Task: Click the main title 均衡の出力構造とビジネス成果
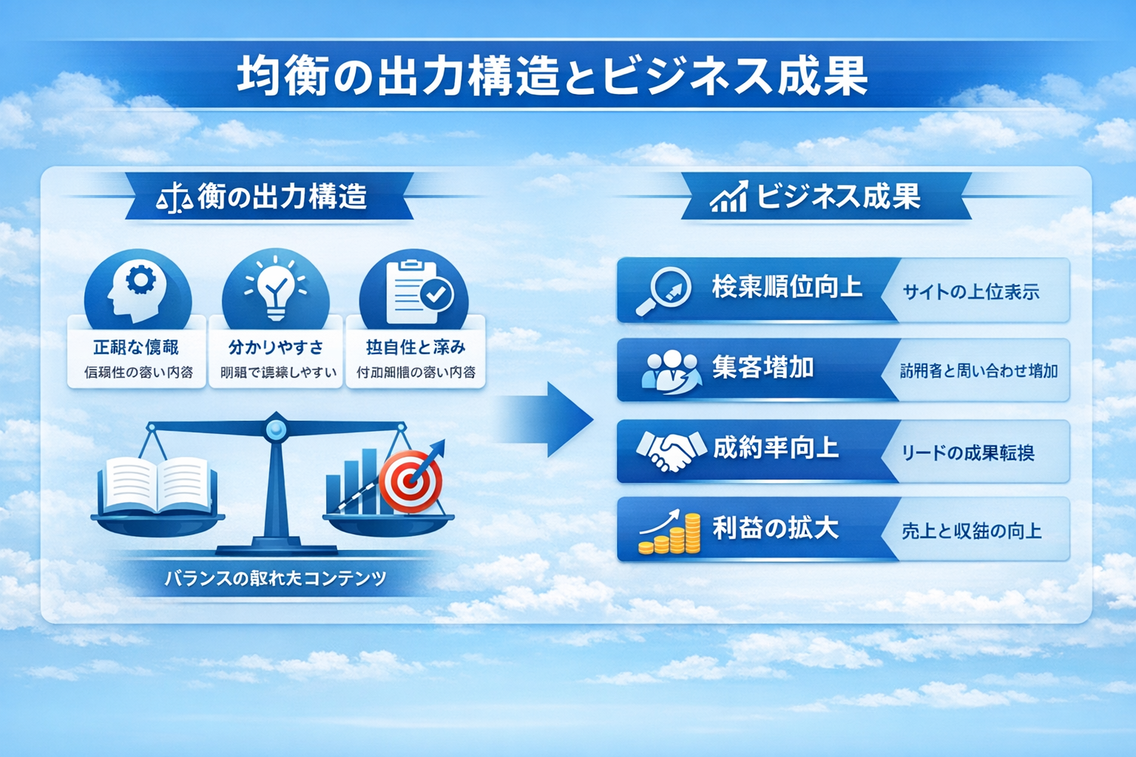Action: [x=552, y=77]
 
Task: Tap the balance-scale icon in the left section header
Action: [x=175, y=198]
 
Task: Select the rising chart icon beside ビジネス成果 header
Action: [x=728, y=197]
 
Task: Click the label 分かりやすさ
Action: [x=275, y=347]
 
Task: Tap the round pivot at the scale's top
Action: [x=275, y=428]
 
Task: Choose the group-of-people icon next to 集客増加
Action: [x=669, y=370]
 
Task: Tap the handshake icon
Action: [x=670, y=450]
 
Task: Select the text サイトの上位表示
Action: [x=970, y=292]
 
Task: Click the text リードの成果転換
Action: [x=967, y=452]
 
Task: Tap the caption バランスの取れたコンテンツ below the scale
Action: [x=275, y=578]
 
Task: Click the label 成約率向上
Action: [x=775, y=448]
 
